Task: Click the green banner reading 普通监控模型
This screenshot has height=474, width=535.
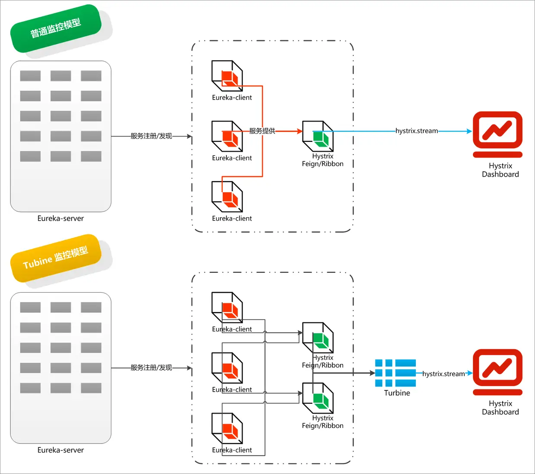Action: (56, 28)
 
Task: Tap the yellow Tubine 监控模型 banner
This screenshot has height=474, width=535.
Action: (56, 258)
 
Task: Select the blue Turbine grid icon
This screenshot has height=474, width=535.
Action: (395, 373)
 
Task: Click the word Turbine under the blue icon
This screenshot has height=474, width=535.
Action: (397, 393)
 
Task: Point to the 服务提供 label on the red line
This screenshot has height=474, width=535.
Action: (262, 131)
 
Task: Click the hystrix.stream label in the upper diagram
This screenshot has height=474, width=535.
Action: (416, 131)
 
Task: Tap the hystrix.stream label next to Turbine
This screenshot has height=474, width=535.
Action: (444, 374)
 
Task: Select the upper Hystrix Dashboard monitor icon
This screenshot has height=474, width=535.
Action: (497, 134)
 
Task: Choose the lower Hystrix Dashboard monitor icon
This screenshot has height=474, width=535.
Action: (497, 372)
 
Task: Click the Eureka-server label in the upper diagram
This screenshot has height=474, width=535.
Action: (60, 218)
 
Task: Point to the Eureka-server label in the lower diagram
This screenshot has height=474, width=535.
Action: (60, 450)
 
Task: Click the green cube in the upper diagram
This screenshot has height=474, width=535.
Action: (321, 139)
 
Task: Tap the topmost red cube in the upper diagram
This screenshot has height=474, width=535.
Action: (230, 78)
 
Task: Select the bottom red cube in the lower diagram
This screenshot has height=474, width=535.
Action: (230, 431)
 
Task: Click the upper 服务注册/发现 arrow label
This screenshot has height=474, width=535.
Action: (151, 136)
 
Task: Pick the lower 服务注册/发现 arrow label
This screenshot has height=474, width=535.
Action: (151, 368)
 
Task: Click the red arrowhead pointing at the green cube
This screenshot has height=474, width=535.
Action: (300, 131)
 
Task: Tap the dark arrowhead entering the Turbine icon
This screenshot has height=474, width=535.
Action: (372, 373)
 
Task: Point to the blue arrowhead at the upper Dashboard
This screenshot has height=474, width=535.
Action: (469, 131)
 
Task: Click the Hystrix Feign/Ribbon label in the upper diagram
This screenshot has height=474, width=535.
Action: (323, 160)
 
